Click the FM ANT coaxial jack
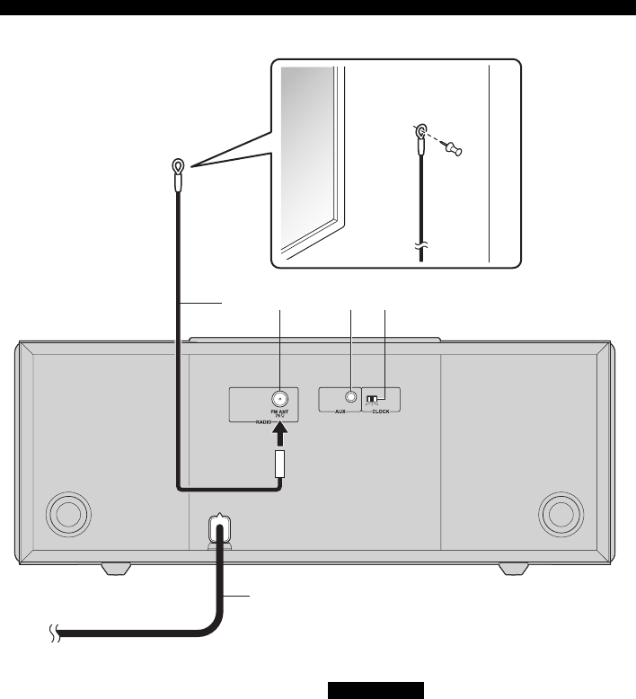pos(279,399)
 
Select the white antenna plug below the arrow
pos(279,464)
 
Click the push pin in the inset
pos(455,152)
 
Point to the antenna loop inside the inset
pos(419,132)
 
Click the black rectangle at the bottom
pos(375,689)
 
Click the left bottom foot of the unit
pos(117,570)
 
